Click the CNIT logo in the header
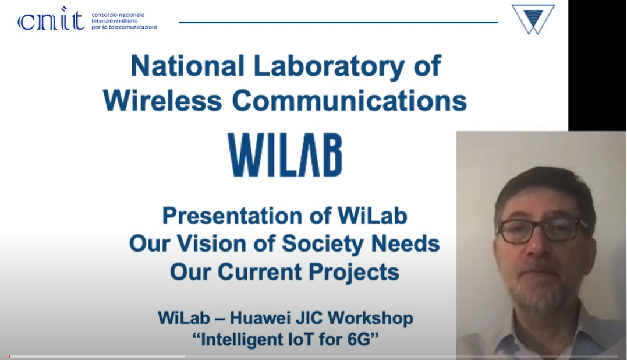(51, 19)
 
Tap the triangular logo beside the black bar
(533, 19)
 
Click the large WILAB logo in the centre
(285, 155)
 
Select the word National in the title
(187, 66)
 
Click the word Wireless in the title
(162, 100)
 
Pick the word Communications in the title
(349, 100)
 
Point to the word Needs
(405, 243)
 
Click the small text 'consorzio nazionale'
(118, 15)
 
